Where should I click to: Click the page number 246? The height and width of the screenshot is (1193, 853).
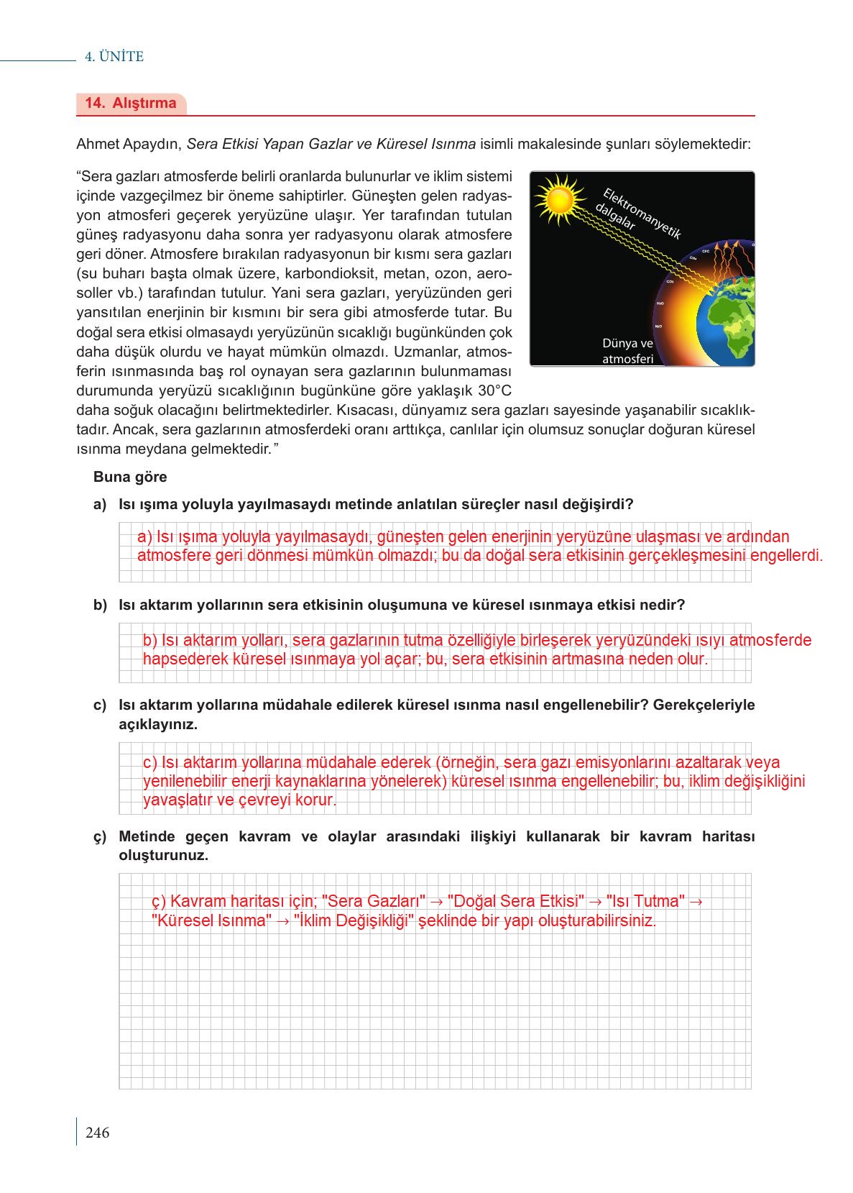pos(97,1133)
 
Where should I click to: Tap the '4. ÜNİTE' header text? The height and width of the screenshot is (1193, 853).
pos(114,57)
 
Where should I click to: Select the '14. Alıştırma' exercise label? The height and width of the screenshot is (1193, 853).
pos(131,103)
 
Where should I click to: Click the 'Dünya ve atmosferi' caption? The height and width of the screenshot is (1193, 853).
pos(627,351)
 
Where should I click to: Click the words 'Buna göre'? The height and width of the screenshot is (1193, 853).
pos(130,477)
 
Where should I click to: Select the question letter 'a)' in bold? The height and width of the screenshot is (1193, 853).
pos(100,504)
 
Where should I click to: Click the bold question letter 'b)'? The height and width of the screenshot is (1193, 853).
pos(100,605)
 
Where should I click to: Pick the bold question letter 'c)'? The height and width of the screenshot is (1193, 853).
pos(100,705)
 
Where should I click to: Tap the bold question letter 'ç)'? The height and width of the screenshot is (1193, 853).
pos(100,836)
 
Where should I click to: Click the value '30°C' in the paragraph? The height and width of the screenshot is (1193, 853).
pos(495,391)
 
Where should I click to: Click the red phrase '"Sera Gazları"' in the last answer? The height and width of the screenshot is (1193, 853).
pos(374,901)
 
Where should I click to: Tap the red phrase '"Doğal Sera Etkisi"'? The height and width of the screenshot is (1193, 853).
pos(515,901)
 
